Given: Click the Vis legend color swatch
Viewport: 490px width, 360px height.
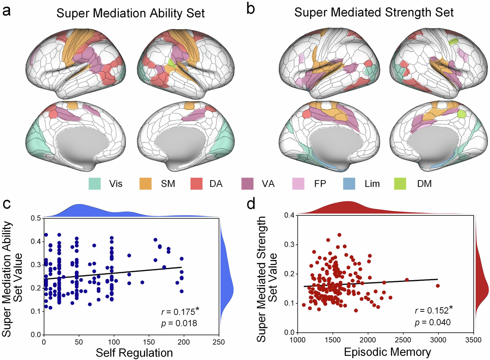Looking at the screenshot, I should point(95,184).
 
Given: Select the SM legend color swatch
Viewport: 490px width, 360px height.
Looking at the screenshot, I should point(146,184).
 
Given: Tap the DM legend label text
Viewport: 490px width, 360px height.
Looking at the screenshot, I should point(424,184).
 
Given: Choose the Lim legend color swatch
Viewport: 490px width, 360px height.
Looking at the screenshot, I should point(349,184).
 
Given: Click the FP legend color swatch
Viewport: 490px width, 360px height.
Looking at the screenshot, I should point(298,184).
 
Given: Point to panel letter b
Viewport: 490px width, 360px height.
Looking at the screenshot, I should point(250,9).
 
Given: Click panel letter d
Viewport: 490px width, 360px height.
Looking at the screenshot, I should point(251,204).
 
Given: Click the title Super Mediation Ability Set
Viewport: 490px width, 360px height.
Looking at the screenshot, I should point(130,13).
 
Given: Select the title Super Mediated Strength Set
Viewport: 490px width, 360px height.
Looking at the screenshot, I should point(374,12).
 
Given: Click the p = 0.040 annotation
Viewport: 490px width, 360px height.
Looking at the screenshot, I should point(433,322).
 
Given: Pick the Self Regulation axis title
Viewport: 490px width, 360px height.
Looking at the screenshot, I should point(134,353).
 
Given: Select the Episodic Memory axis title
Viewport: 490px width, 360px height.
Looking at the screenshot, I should point(387,352).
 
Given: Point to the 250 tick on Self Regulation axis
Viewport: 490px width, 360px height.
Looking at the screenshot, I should point(219,342).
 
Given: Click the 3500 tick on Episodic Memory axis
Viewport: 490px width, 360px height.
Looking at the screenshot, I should point(473,340).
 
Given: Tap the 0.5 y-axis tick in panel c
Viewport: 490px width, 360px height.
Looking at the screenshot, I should point(35,218).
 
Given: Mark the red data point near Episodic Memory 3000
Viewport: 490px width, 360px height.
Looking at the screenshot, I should point(438,286).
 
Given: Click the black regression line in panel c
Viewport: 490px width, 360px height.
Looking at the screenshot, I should point(115,273).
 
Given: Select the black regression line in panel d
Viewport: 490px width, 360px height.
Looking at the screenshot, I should point(372,283).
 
